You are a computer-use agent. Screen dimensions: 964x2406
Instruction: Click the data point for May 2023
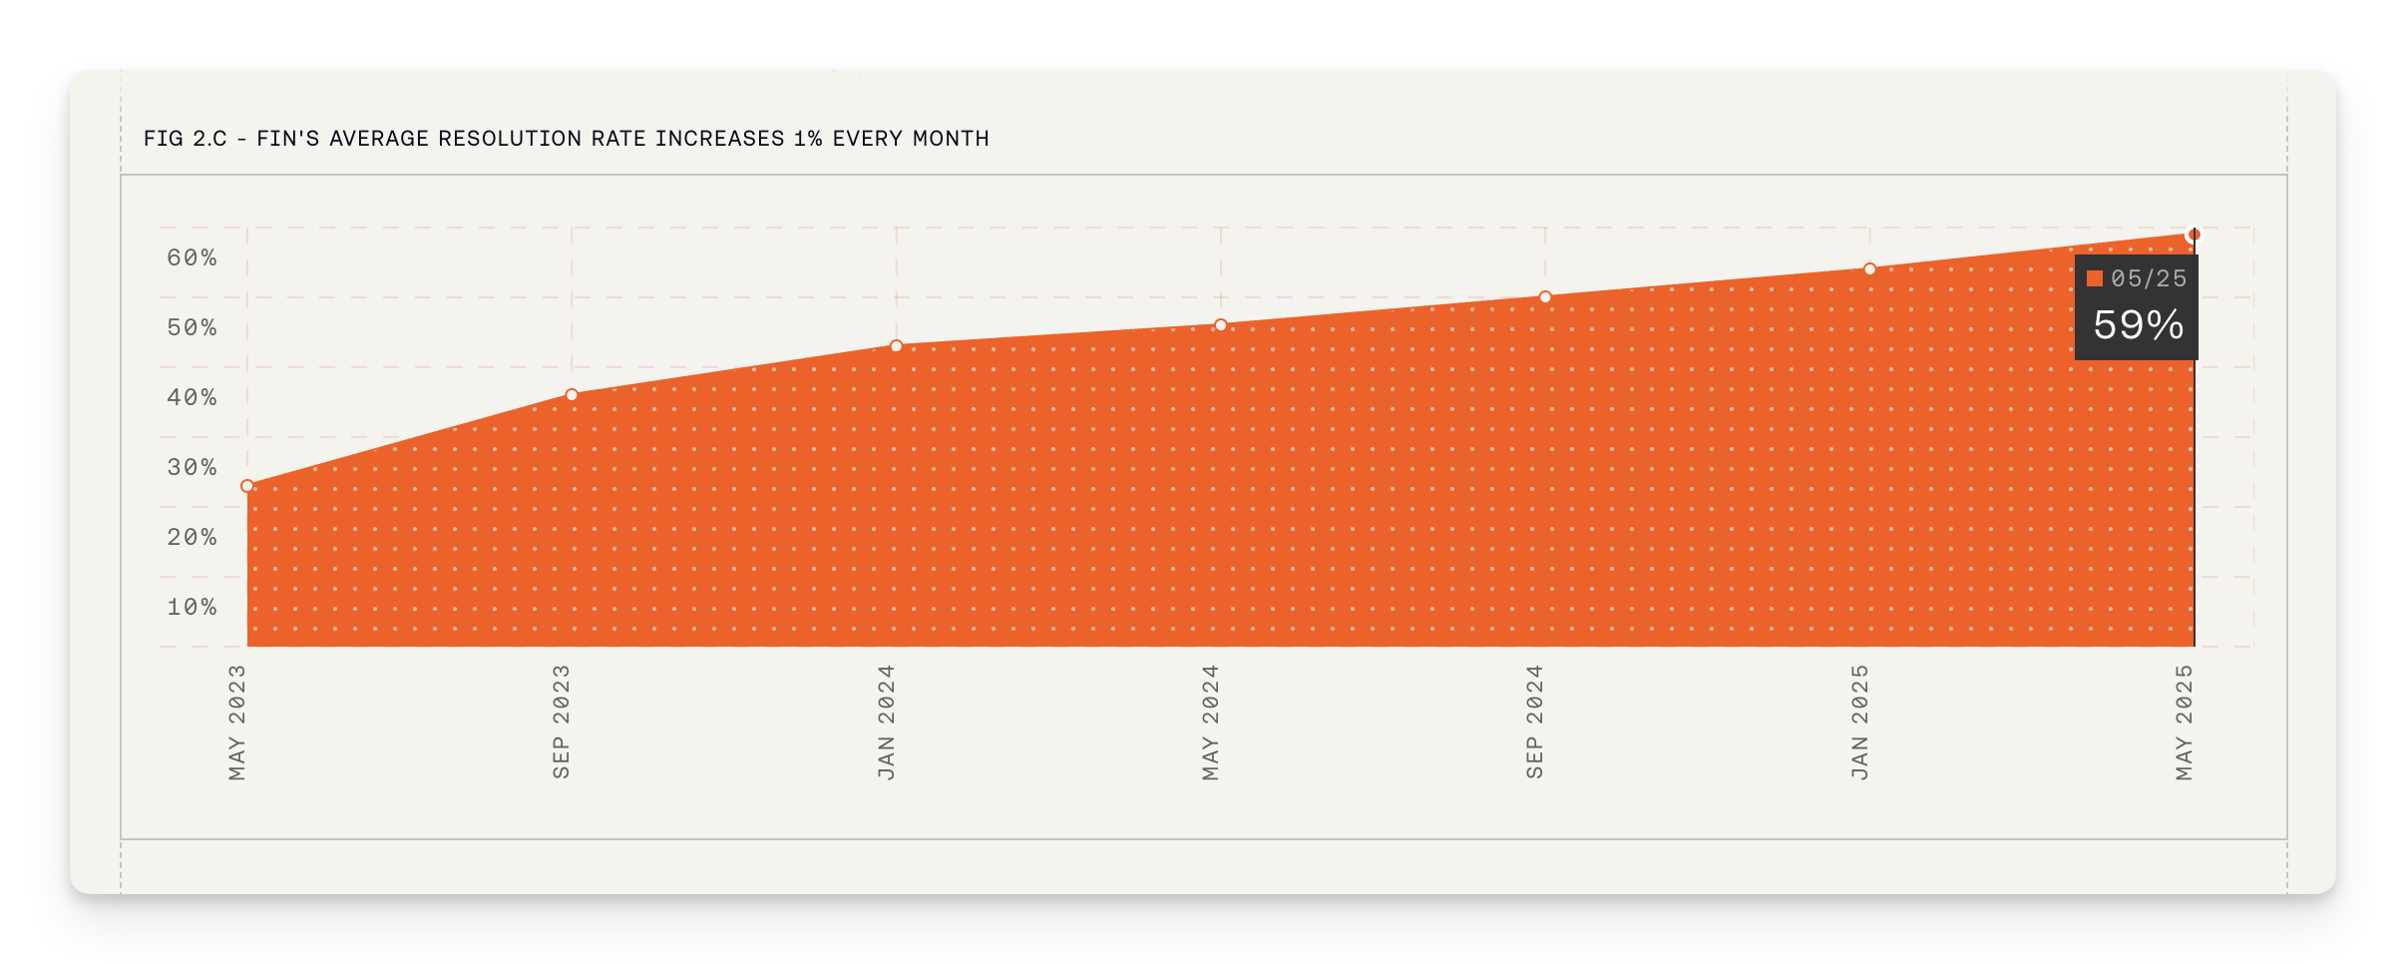coord(247,486)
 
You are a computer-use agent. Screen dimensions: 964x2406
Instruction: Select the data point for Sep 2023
coord(572,395)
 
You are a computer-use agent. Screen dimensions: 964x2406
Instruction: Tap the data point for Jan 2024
coord(896,346)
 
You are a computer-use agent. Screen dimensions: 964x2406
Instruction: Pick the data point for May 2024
coord(1221,325)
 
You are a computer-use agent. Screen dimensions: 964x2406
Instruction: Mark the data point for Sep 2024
coord(1545,297)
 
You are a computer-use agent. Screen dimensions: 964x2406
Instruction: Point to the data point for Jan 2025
coord(1870,269)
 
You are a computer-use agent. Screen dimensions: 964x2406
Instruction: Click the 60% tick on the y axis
coord(192,258)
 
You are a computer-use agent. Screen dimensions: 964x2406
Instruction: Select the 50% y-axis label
coord(192,328)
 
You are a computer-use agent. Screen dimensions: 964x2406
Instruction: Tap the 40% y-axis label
coord(192,398)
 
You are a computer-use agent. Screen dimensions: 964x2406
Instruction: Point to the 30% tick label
coord(192,468)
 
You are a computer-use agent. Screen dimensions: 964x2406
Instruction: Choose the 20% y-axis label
coord(192,538)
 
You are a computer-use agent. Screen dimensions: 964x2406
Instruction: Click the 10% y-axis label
coord(192,608)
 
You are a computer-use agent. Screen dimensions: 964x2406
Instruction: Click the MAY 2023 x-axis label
coord(237,723)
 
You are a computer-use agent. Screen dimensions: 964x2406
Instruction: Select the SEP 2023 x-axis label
coord(562,723)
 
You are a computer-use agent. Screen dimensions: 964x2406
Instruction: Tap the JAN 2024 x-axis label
coord(887,723)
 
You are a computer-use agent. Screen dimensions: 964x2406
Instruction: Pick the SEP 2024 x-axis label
coord(1535,723)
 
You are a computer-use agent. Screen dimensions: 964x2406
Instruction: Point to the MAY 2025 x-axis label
coord(2185,723)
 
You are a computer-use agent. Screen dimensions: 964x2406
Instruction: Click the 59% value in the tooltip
coord(2138,325)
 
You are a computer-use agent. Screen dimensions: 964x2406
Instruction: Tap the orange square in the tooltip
coord(2095,279)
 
